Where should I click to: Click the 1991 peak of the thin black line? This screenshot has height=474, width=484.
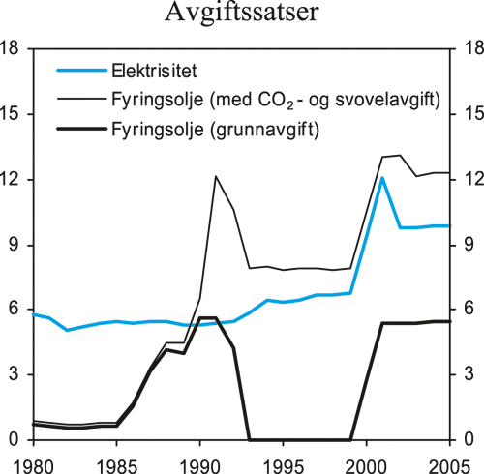click(215, 176)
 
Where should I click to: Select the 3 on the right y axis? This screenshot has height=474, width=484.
click(469, 374)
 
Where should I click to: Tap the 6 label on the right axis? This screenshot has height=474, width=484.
click(469, 310)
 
